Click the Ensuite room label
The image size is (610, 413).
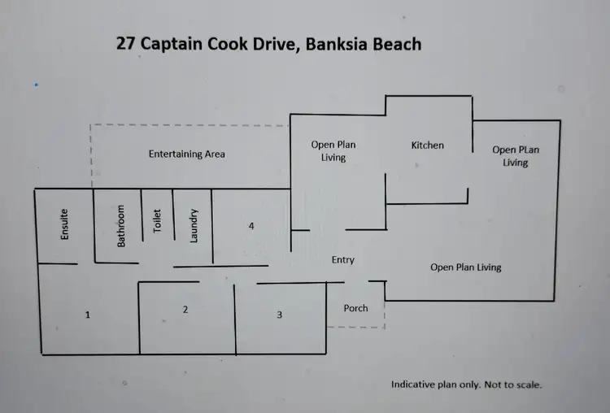tap(65, 224)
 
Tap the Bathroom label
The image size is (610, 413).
tap(121, 225)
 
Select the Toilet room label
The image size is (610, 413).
tap(158, 221)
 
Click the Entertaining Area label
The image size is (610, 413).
tap(186, 154)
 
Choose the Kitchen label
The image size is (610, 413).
tap(427, 146)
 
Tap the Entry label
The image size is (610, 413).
tap(342, 260)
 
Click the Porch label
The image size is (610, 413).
tap(355, 308)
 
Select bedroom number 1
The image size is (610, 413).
tap(87, 314)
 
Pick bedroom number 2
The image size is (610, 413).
tap(185, 309)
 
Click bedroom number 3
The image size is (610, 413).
tap(279, 314)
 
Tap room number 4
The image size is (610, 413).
tap(251, 226)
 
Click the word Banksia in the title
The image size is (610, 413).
tap(340, 44)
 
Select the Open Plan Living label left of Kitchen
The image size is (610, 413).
tap(333, 151)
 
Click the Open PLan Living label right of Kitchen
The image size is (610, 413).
tap(515, 156)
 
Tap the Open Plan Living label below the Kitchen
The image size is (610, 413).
tap(465, 267)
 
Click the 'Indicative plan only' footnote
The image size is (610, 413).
tap(466, 385)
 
